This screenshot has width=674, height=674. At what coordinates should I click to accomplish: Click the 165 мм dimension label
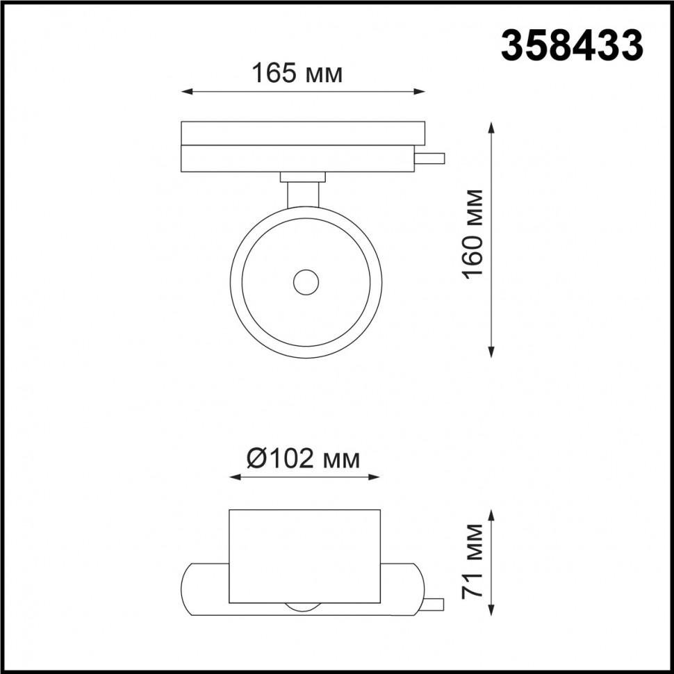[x=297, y=73]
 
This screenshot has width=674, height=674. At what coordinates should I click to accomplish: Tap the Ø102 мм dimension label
[x=304, y=459]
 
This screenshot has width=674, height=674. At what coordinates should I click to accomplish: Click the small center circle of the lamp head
[x=305, y=282]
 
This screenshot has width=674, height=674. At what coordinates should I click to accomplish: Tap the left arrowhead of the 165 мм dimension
[x=186, y=91]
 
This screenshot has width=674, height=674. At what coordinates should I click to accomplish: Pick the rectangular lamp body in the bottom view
[x=304, y=556]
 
